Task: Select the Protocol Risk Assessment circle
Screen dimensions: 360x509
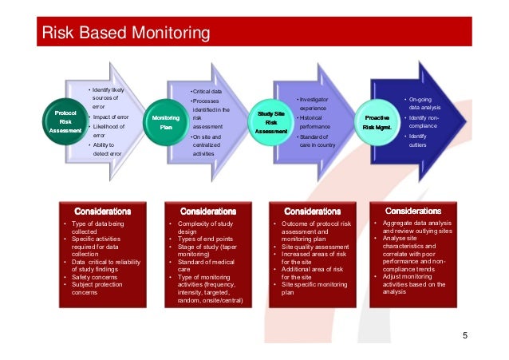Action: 65,121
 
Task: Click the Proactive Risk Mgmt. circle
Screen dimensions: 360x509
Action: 377,121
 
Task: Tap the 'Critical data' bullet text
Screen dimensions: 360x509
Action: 207,93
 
